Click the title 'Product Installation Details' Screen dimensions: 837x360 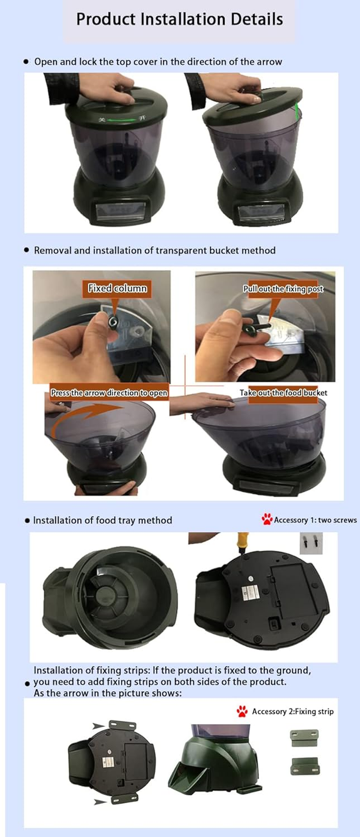pyautogui.click(x=180, y=19)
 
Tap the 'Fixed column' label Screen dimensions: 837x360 pyautogui.click(x=117, y=288)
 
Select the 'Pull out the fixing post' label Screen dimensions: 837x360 pyautogui.click(x=283, y=289)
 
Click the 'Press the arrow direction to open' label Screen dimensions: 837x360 pyautogui.click(x=109, y=393)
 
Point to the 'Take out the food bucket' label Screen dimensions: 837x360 pyautogui.click(x=283, y=393)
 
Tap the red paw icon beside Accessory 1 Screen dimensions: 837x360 pyautogui.click(x=267, y=519)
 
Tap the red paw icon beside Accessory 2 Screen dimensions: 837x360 pyautogui.click(x=242, y=711)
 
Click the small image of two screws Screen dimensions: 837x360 pyautogui.click(x=311, y=543)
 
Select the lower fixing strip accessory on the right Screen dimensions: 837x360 pyautogui.click(x=304, y=766)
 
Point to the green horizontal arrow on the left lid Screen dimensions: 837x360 pyautogui.click(x=121, y=120)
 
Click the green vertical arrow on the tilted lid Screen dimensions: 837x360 pyautogui.click(x=297, y=110)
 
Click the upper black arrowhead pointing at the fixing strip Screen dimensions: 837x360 pyautogui.click(x=98, y=726)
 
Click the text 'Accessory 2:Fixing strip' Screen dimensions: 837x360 pyautogui.click(x=292, y=711)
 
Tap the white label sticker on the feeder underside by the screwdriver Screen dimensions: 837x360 pyautogui.click(x=250, y=593)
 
